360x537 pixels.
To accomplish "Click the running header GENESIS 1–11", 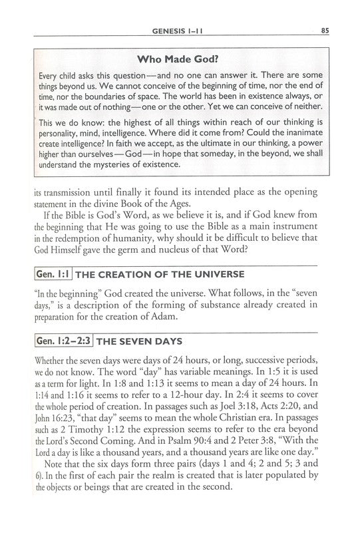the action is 180,29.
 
